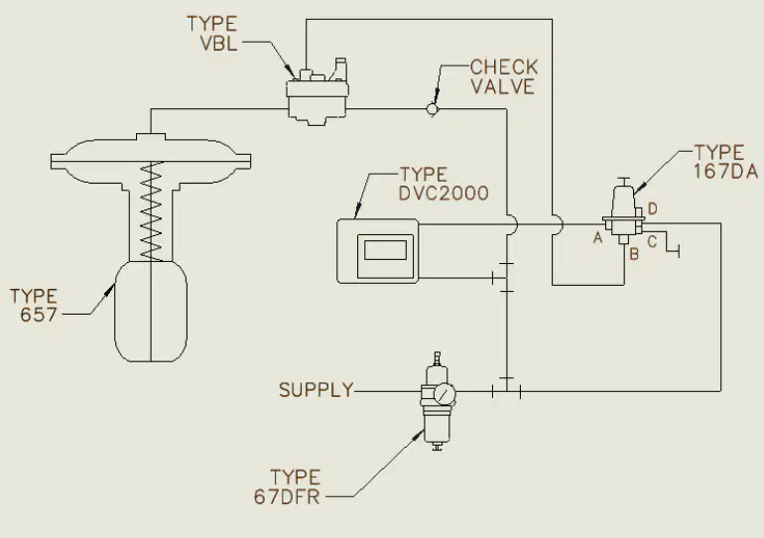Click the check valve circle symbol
click(433, 108)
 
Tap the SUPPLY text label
click(317, 390)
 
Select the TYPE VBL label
click(212, 33)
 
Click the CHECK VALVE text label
click(504, 76)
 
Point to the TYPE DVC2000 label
click(444, 185)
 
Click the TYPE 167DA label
click(726, 162)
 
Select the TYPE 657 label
click(34, 305)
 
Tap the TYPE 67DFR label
click(287, 486)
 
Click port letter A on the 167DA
click(598, 238)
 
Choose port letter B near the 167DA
click(634, 254)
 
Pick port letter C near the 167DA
click(652, 241)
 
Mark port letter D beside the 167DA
click(653, 209)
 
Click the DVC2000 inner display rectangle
click(385, 250)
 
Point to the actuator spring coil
click(152, 210)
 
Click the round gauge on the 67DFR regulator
click(444, 394)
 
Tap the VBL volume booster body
click(318, 100)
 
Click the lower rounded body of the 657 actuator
click(151, 312)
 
